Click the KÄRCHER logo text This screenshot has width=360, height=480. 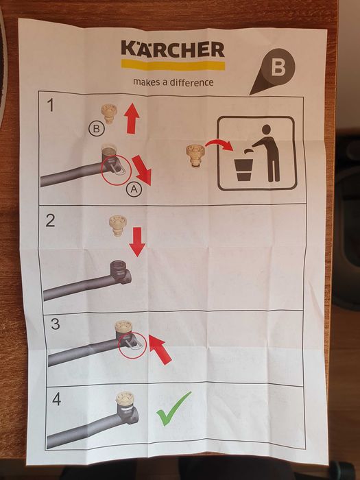pyautogui.click(x=173, y=49)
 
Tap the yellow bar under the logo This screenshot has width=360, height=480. pyautogui.click(x=173, y=65)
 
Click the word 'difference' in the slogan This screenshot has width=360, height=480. pyautogui.click(x=191, y=82)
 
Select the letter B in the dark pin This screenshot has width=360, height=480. pyautogui.click(x=278, y=67)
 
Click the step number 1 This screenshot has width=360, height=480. pyautogui.click(x=51, y=106)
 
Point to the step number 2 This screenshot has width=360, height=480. pyautogui.click(x=50, y=220)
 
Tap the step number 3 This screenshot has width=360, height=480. pyautogui.click(x=56, y=324)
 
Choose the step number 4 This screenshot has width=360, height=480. pyautogui.click(x=57, y=399)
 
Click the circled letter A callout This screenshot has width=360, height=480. pyautogui.click(x=134, y=189)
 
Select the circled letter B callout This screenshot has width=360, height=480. pyautogui.click(x=97, y=129)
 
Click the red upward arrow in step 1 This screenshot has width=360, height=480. pyautogui.click(x=132, y=118)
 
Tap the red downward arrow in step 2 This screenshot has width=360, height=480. pyautogui.click(x=137, y=242)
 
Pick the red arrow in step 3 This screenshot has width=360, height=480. pyautogui.click(x=160, y=349)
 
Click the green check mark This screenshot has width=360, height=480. pyautogui.click(x=173, y=409)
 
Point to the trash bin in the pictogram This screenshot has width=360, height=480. pyautogui.click(x=243, y=171)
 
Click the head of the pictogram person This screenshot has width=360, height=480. pyautogui.click(x=266, y=130)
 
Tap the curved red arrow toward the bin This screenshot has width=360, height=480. pyautogui.click(x=219, y=144)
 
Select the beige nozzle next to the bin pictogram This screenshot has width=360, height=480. pyautogui.click(x=195, y=156)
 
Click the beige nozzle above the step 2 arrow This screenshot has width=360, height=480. pyautogui.click(x=118, y=226)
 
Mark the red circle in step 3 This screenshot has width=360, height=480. pyautogui.click(x=132, y=345)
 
